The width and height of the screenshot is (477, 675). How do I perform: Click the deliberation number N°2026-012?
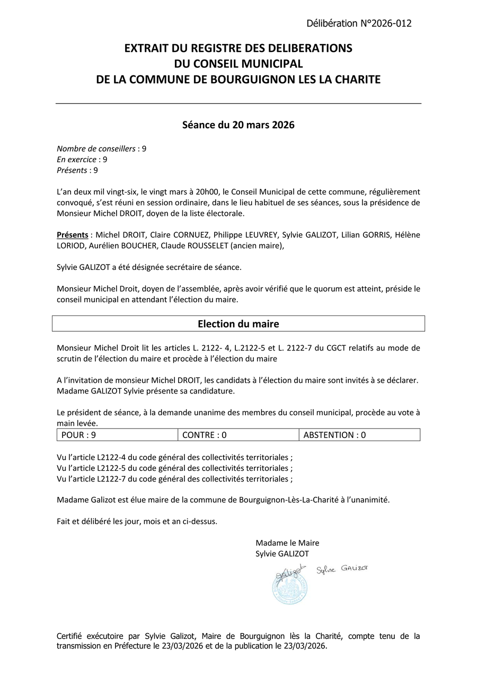coord(359,23)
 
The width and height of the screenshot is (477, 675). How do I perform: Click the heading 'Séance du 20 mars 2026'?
coord(238,126)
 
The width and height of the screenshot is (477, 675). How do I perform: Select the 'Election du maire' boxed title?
coord(238,323)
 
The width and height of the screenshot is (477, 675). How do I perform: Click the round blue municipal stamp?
coord(290,588)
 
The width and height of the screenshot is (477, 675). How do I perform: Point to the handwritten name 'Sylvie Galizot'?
coord(342,569)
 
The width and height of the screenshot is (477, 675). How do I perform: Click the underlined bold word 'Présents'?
coord(72,235)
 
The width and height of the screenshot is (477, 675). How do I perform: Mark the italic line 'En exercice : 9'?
coord(82,160)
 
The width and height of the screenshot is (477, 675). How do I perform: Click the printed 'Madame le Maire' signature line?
coord(287,543)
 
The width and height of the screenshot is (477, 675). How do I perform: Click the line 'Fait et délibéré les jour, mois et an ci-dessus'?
coord(137,521)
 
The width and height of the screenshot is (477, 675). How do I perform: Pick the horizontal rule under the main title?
coord(238,103)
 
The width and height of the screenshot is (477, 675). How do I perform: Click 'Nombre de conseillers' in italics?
coord(96,149)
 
